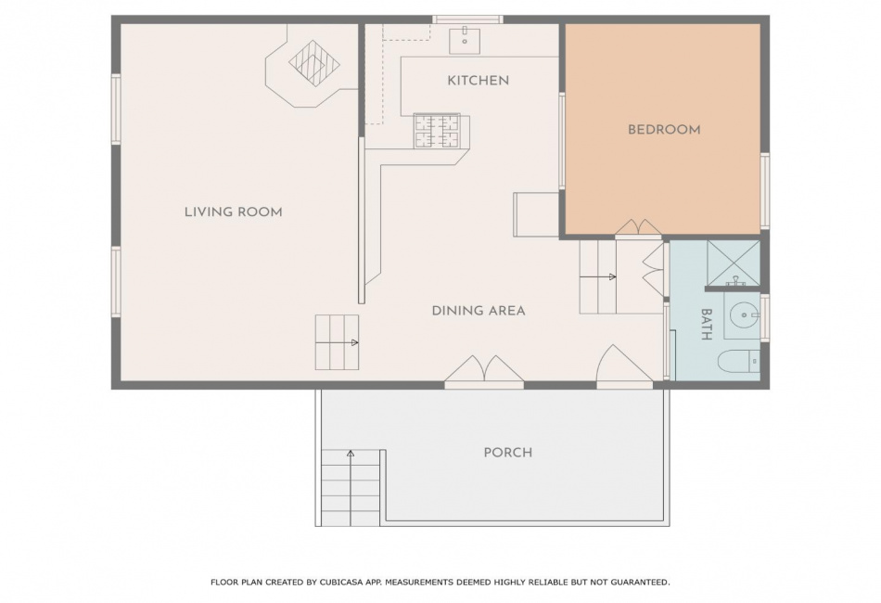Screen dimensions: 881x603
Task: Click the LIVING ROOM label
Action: (233, 212)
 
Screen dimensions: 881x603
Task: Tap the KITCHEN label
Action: (479, 81)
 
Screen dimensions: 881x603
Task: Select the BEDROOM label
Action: (664, 130)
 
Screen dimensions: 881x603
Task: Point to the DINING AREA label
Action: (479, 310)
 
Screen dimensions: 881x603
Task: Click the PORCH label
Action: (508, 453)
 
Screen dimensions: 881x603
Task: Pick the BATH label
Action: (707, 325)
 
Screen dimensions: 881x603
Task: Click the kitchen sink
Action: (465, 40)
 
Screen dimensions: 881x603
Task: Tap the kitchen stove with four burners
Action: (437, 131)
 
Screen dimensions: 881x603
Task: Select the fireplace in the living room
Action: (312, 65)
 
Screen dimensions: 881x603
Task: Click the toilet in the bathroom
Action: (739, 362)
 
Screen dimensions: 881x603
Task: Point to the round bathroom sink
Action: (742, 314)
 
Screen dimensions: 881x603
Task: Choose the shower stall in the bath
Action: (734, 263)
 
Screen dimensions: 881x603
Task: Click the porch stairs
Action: (351, 488)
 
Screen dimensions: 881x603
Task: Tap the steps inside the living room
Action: (338, 342)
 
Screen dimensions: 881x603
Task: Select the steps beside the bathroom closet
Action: (598, 277)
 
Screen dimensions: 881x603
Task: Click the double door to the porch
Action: (484, 373)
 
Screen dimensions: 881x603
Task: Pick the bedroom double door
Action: (638, 229)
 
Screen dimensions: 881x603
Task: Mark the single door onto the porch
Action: (624, 367)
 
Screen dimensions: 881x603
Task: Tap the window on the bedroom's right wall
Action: (765, 191)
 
